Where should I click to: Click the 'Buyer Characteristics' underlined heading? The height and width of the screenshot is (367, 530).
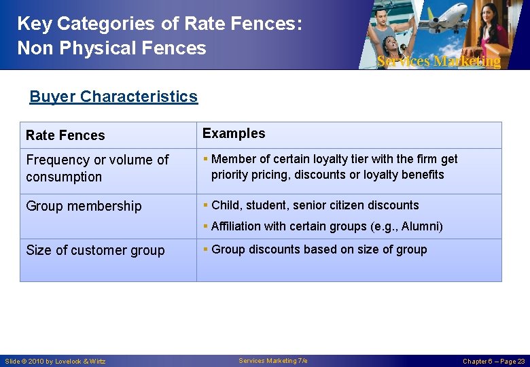coord(113,97)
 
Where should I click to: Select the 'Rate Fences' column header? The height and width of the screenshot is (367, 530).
coord(65,135)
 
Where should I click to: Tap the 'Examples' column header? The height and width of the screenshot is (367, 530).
coord(234,134)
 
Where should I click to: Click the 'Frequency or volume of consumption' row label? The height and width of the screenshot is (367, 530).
coord(97,169)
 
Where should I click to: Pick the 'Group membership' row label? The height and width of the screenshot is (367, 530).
coord(84,206)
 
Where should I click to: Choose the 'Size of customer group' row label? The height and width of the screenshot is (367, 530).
coord(95,250)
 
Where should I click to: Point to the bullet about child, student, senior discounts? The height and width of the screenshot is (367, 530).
coord(315,205)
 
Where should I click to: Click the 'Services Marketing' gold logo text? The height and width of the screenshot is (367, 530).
coord(438,61)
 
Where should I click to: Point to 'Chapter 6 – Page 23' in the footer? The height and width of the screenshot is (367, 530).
coord(493,361)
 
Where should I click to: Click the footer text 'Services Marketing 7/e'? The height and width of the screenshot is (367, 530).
coord(273,360)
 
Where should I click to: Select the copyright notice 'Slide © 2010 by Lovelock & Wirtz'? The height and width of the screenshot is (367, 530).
coord(56,361)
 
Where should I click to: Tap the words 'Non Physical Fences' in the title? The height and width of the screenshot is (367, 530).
coord(111,48)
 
